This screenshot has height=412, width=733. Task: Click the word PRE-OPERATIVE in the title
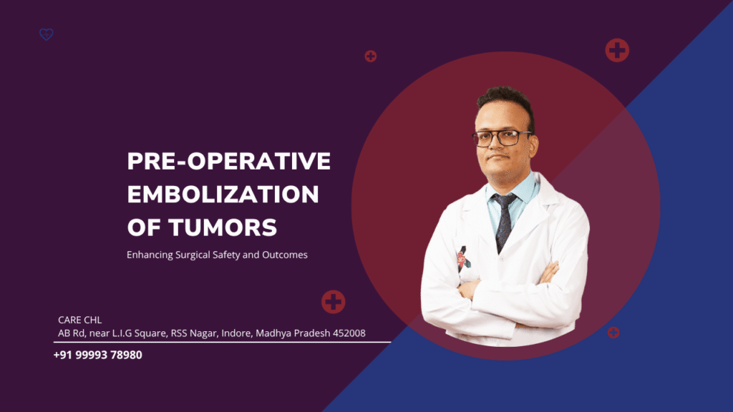tap(228, 162)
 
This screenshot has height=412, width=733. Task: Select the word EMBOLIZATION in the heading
tap(223, 195)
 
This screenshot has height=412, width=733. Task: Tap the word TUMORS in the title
tap(223, 227)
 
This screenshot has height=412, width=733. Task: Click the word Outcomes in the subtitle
tap(283, 255)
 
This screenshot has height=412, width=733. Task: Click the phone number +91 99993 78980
tap(97, 354)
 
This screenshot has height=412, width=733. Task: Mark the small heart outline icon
tap(47, 34)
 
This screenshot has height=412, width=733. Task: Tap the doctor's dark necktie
tap(504, 218)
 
